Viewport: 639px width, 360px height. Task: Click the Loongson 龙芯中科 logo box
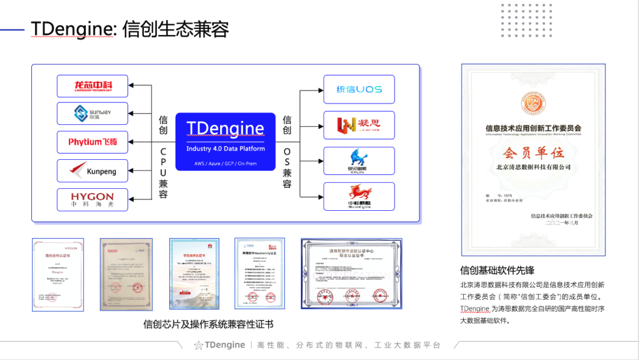coord(92,86)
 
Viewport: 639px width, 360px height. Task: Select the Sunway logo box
coord(92,113)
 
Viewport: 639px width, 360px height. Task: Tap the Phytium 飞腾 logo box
coord(92,142)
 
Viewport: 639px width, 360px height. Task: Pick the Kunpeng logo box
coord(92,171)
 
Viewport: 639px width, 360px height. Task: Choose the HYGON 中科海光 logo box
coord(92,200)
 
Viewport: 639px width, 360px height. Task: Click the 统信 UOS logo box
coord(359,89)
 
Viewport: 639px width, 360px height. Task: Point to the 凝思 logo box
coord(359,125)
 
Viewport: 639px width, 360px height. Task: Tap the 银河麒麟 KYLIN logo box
coord(359,160)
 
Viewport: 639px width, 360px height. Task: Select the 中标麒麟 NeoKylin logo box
coord(359,196)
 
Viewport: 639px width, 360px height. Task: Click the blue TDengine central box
coord(225,142)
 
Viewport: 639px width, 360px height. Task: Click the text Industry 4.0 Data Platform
coord(225,149)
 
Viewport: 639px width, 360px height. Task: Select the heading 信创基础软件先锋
coord(498,271)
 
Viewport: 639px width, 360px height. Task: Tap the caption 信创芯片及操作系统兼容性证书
coord(208,324)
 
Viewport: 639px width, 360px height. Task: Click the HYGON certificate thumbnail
coord(58,274)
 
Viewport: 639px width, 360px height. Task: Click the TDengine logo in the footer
coord(220,345)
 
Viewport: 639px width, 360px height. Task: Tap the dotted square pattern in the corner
coord(518,20)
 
